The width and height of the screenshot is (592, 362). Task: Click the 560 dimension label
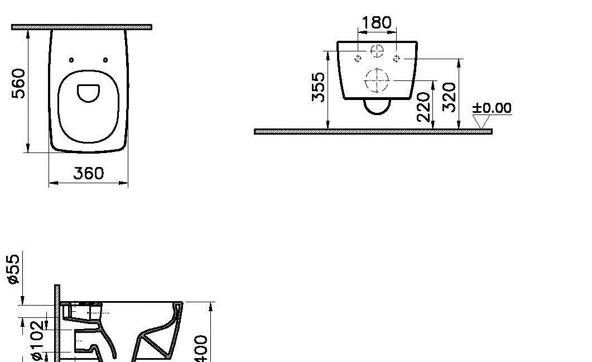coord(19,83)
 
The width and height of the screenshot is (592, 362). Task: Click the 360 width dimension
coord(89,173)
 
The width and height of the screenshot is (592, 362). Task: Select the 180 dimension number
coord(377,23)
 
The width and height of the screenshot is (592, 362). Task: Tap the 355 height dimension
coord(318,87)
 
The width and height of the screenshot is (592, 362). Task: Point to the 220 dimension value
coord(423,106)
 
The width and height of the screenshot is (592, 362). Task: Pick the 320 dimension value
coord(449,97)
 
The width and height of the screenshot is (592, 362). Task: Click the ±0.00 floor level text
coord(492,108)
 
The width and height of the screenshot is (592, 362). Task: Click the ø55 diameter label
coord(14,269)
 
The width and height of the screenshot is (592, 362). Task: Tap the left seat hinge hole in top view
coord(71,60)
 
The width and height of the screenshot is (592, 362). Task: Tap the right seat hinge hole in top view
coord(105,60)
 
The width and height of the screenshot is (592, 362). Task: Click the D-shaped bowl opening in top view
coord(88,93)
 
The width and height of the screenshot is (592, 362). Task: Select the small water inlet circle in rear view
coord(378,51)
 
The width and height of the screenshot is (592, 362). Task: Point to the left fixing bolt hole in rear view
coord(358,58)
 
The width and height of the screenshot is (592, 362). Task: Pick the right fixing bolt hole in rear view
coord(396,58)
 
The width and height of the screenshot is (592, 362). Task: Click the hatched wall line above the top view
coord(82,26)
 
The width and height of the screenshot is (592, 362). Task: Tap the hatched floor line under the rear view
coord(373,131)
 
